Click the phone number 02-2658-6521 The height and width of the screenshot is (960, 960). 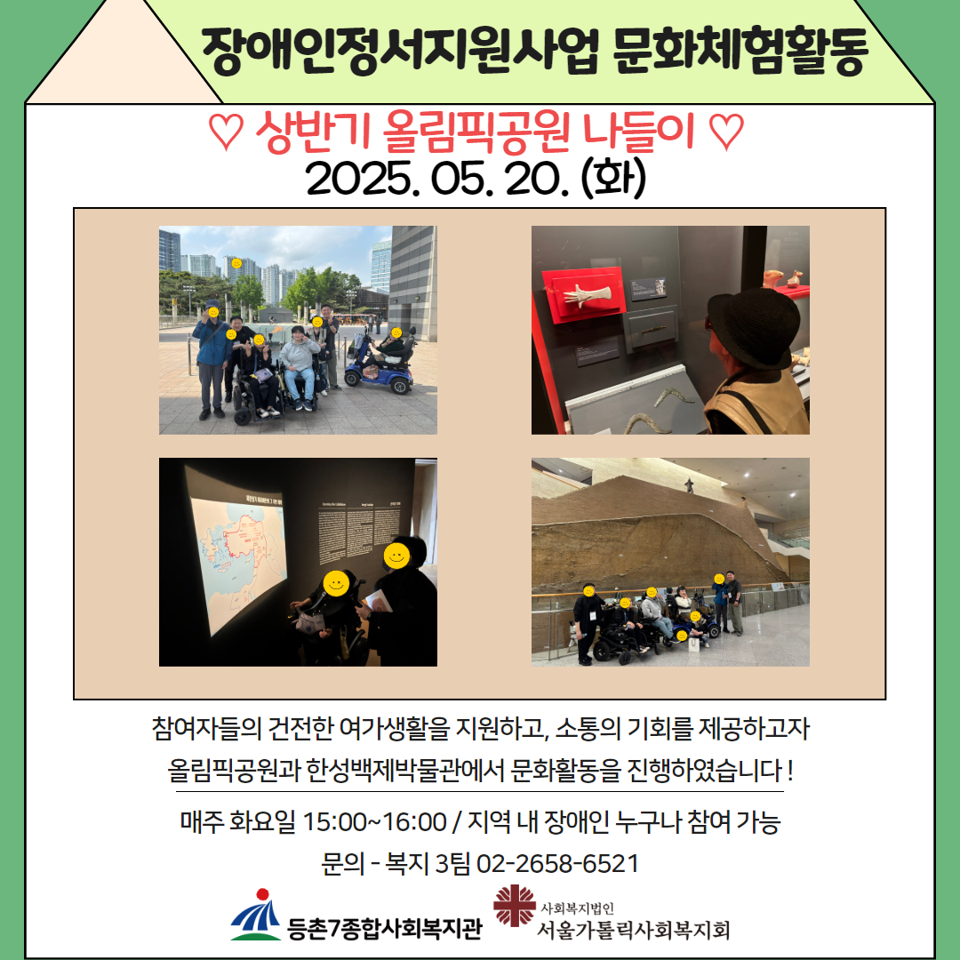tap(557, 863)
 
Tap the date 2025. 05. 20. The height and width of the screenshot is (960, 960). tap(434, 179)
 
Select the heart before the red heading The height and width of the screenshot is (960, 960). tap(226, 131)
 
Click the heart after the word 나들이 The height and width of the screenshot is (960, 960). tap(727, 131)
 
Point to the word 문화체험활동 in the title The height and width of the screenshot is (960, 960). tap(740, 51)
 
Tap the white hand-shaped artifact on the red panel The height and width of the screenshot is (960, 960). tap(588, 295)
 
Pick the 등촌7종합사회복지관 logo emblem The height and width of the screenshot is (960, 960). tap(257, 915)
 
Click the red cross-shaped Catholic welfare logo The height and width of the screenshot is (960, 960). tap(515, 905)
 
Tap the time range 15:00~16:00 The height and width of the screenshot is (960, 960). tap(374, 821)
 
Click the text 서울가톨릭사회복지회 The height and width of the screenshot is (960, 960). tap(633, 930)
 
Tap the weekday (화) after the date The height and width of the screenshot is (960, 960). tap(613, 179)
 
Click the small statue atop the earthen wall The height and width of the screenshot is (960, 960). tap(690, 485)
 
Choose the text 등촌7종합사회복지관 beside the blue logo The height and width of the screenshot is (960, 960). tap(385, 928)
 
